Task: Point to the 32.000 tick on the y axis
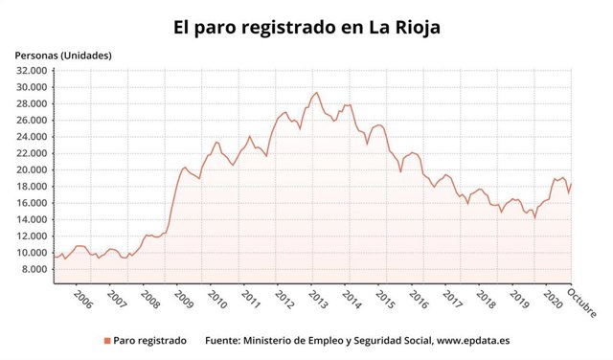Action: [32, 71]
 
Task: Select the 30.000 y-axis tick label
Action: [32, 87]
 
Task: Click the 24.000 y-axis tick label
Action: [32, 137]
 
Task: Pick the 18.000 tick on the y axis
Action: [32, 187]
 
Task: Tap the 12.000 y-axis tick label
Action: [32, 236]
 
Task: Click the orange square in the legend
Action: [105, 341]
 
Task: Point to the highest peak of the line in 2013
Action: [317, 93]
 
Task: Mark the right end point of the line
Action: [572, 184]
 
